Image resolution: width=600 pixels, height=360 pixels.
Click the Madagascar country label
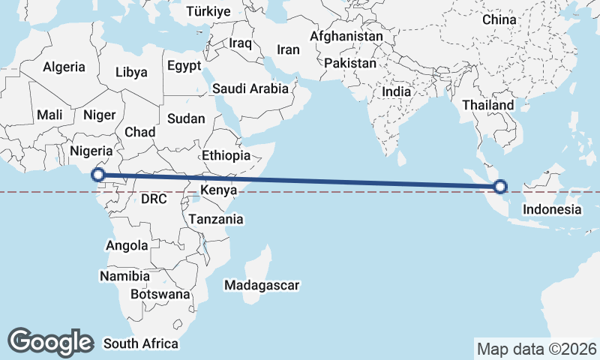[x=262, y=285]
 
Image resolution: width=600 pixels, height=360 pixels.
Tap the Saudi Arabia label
[x=250, y=88]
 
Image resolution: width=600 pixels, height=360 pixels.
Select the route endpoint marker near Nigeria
[x=97, y=175]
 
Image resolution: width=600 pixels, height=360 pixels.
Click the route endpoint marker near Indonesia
[x=500, y=187]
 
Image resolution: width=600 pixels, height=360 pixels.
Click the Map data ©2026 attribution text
[x=536, y=349]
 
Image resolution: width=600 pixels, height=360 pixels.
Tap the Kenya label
[x=218, y=191]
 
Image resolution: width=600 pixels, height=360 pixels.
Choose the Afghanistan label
[x=346, y=36]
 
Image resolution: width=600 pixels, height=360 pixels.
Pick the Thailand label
[x=488, y=105]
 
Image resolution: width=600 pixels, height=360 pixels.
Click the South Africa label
[x=141, y=343]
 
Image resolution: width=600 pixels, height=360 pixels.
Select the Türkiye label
[x=208, y=11]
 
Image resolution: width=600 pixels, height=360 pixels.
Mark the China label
[x=500, y=19]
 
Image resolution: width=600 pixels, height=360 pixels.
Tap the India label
[x=396, y=91]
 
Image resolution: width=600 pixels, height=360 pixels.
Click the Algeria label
[x=64, y=67]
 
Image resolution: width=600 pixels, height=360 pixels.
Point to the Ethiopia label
[x=226, y=155]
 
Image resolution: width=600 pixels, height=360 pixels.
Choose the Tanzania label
[x=216, y=220]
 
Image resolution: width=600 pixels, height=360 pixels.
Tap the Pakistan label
[x=350, y=64]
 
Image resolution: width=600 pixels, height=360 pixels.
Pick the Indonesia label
[x=552, y=209]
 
